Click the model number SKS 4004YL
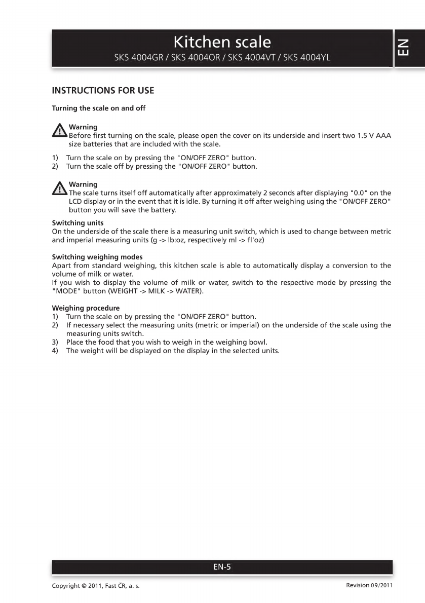pyautogui.click(x=306, y=57)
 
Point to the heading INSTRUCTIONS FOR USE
pyautogui.click(x=103, y=91)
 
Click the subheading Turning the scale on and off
pyautogui.click(x=99, y=108)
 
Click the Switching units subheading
pyautogui.click(x=78, y=223)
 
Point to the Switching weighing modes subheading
pyautogui.click(x=97, y=257)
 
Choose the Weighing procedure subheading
pyautogui.click(x=86, y=308)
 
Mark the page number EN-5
pyautogui.click(x=222, y=567)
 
